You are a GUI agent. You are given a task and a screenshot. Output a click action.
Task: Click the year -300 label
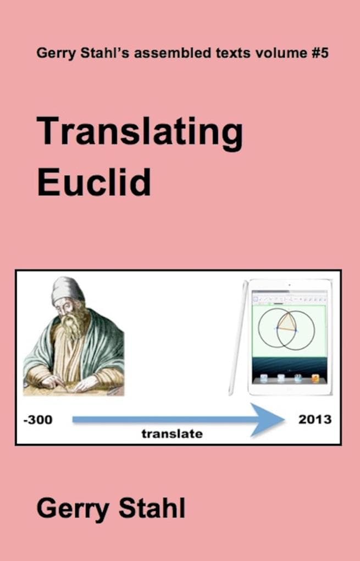point(38,420)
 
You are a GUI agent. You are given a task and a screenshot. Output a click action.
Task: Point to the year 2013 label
point(315,420)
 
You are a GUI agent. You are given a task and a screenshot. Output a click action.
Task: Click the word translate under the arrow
point(172,434)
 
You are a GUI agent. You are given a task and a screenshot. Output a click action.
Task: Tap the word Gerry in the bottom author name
point(71,509)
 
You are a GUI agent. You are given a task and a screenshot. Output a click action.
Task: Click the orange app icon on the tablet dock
point(315,378)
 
